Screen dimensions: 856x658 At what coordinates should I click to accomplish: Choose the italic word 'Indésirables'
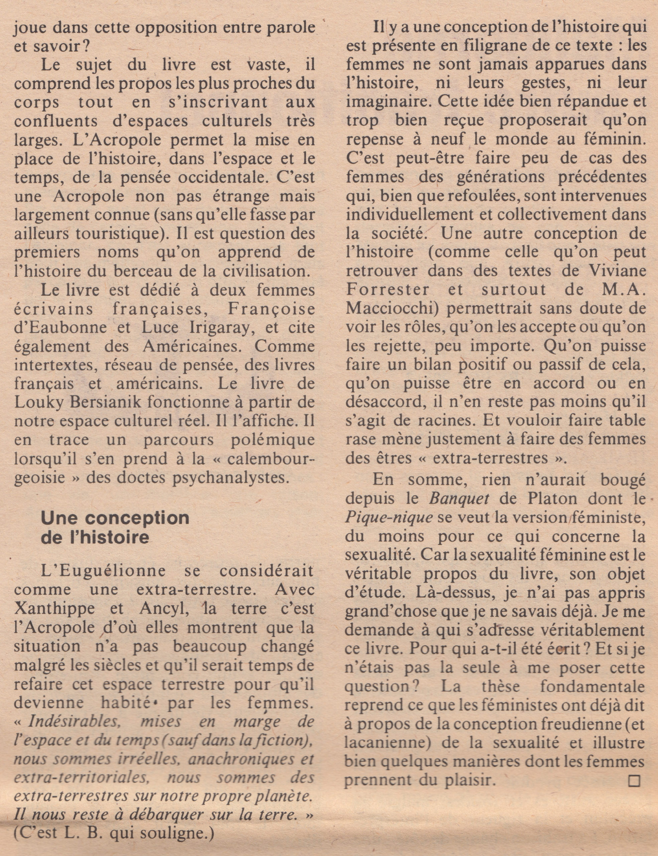click(x=74, y=722)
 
